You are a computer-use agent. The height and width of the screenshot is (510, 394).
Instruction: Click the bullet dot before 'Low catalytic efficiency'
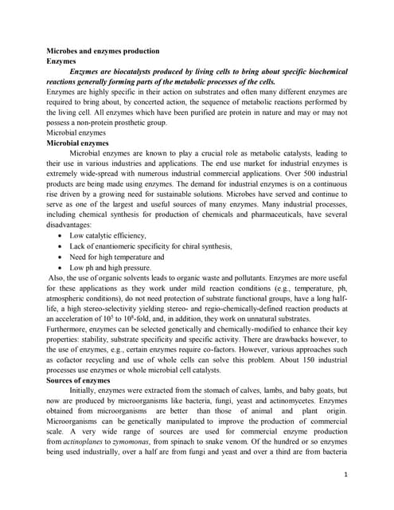62,237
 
